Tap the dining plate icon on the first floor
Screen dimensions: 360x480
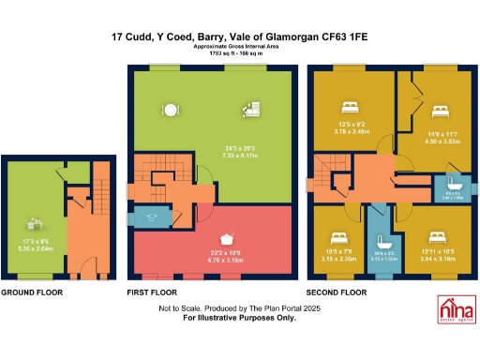click(172, 106)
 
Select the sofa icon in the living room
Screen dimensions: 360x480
click(252, 109)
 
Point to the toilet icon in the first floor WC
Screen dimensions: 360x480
click(151, 219)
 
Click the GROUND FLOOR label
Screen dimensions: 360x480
click(33, 293)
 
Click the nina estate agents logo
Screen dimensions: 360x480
click(457, 309)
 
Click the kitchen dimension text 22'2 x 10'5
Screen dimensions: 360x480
click(223, 251)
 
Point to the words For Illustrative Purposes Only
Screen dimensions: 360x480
click(239, 318)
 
